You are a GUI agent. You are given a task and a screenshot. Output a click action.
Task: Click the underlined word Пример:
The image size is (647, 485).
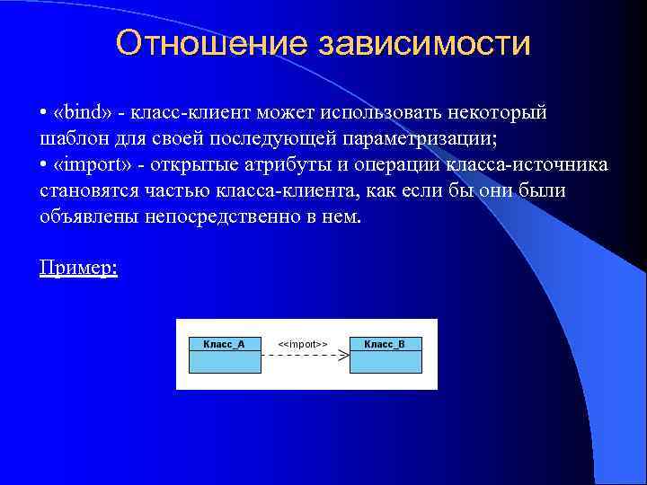tap(79, 268)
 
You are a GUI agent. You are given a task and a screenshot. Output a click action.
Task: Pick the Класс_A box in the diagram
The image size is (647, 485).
tap(225, 354)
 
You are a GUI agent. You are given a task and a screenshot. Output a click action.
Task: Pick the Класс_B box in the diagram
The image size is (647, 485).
tap(385, 354)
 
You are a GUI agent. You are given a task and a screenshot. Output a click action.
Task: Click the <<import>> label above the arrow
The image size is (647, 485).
tap(302, 344)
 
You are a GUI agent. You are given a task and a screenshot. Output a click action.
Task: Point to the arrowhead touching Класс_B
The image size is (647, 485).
tap(343, 357)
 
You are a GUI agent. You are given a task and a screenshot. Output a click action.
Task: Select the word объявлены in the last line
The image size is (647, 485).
tap(88, 217)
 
